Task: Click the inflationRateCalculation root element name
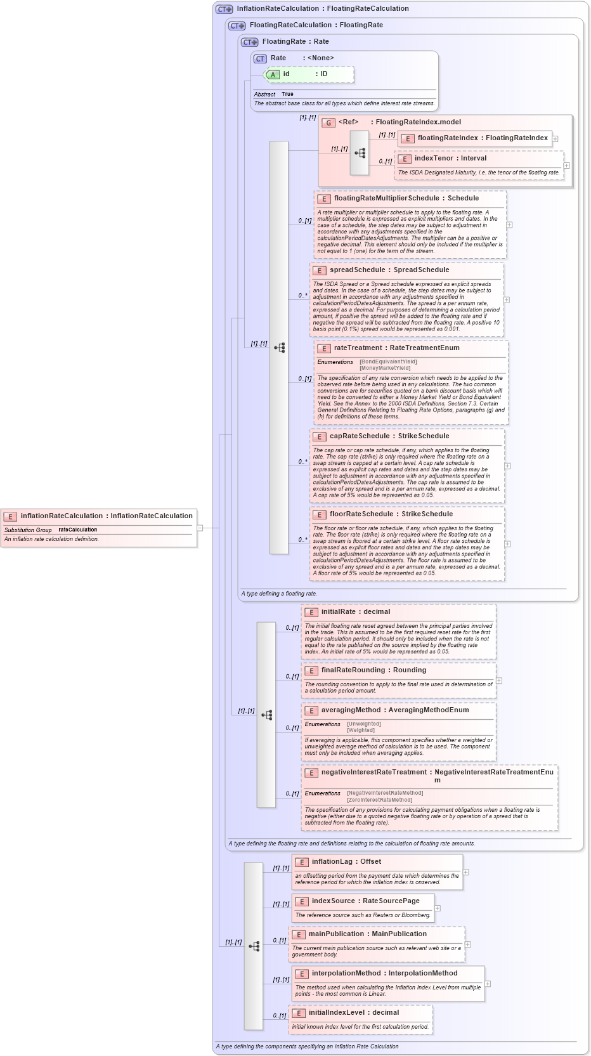(62, 516)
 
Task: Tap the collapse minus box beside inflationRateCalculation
(200, 527)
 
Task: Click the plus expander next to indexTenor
(566, 166)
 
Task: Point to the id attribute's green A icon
(273, 75)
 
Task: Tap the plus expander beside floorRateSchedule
(507, 544)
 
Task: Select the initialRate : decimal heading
(355, 612)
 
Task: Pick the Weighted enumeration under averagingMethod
(361, 730)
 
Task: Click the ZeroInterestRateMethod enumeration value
(379, 800)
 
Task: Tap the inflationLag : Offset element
(346, 862)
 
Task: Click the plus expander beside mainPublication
(468, 944)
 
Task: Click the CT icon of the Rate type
(260, 58)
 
